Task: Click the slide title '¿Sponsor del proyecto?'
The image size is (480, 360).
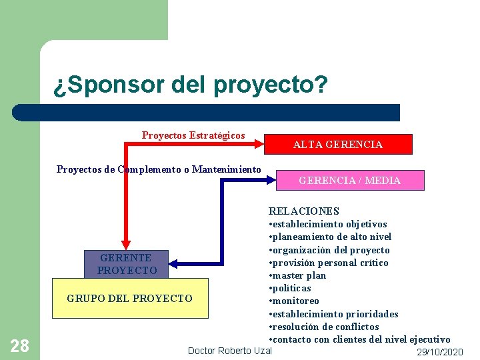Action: click(x=191, y=85)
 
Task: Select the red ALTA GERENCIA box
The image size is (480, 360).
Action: click(x=338, y=145)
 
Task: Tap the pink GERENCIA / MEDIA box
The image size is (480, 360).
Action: click(x=349, y=181)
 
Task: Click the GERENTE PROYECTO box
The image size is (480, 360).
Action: click(x=127, y=264)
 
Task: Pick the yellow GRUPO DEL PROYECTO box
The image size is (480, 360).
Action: click(x=129, y=298)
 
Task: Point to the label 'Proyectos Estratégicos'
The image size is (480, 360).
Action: click(x=193, y=135)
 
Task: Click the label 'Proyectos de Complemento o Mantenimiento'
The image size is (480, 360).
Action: click(x=159, y=169)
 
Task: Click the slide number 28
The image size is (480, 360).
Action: click(x=20, y=345)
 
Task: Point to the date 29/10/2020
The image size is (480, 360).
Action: click(x=439, y=352)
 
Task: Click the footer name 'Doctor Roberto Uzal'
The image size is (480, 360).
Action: click(x=230, y=351)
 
